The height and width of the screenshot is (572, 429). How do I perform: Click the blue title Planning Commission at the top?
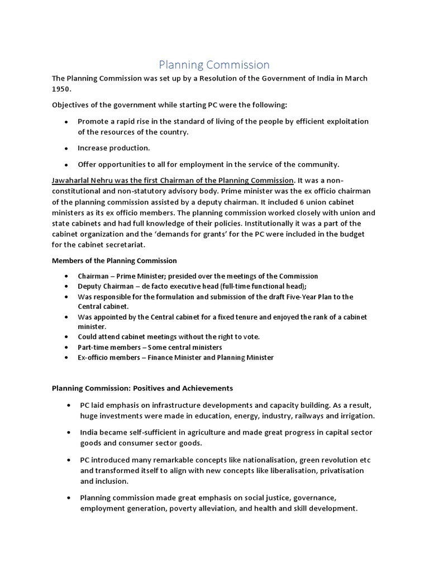tap(214, 65)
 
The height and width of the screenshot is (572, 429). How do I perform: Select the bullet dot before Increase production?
tap(66, 149)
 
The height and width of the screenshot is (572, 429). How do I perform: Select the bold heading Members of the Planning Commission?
tap(115, 260)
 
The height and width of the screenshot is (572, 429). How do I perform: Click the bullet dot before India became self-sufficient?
tap(68, 432)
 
